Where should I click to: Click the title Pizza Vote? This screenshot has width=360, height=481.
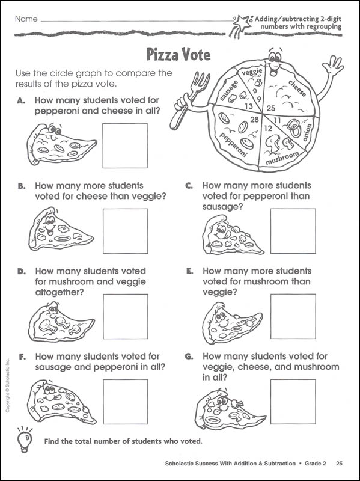coord(178,55)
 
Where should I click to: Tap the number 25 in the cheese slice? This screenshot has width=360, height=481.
coord(271,108)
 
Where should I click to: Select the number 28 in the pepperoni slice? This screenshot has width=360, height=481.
coord(254,120)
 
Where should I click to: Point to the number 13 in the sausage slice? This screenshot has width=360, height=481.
coord(249,106)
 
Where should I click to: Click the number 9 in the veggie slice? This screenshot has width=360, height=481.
coord(259,99)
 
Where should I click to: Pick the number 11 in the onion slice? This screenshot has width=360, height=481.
coord(277,121)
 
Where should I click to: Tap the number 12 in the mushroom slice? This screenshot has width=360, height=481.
coord(268,129)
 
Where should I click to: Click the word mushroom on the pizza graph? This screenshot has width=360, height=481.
coord(282,158)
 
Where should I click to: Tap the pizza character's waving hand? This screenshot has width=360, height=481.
coord(333,65)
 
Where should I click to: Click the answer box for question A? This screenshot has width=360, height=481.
coord(125,146)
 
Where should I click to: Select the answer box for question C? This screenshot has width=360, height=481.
coord(293,231)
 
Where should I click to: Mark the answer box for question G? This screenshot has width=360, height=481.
coord(293,402)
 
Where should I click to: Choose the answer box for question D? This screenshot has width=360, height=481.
coord(126,317)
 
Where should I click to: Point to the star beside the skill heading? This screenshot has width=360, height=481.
coord(241,23)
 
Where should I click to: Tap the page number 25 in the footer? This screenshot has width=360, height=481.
coord(339,463)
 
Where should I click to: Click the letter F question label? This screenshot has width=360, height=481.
coord(22,357)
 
